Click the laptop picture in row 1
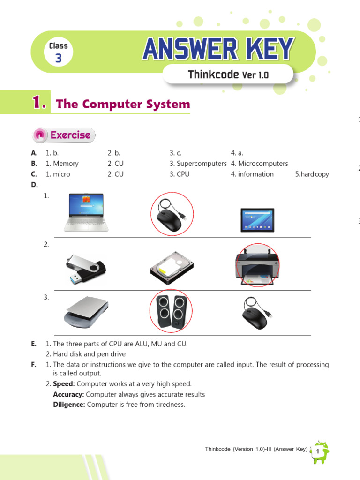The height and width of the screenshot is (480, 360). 86,212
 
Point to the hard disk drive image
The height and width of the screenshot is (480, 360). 172,268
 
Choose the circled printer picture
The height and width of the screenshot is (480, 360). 257,265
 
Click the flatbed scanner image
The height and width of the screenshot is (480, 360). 86,312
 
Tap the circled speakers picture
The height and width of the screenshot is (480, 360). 172,312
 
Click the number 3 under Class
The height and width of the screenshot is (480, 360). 58,59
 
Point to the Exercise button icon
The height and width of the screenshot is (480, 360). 40,135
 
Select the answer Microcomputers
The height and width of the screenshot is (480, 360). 263,164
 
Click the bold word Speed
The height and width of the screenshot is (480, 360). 63,384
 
